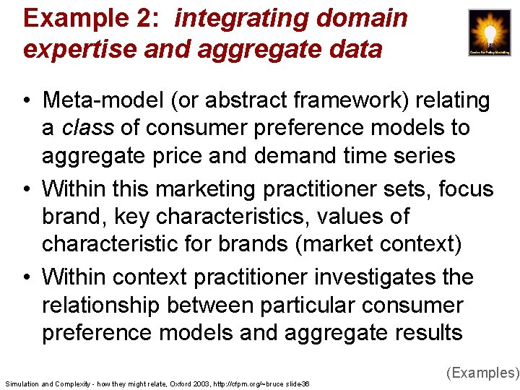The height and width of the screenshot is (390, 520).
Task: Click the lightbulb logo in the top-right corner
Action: [x=489, y=32]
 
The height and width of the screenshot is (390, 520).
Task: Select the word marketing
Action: [x=208, y=189]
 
